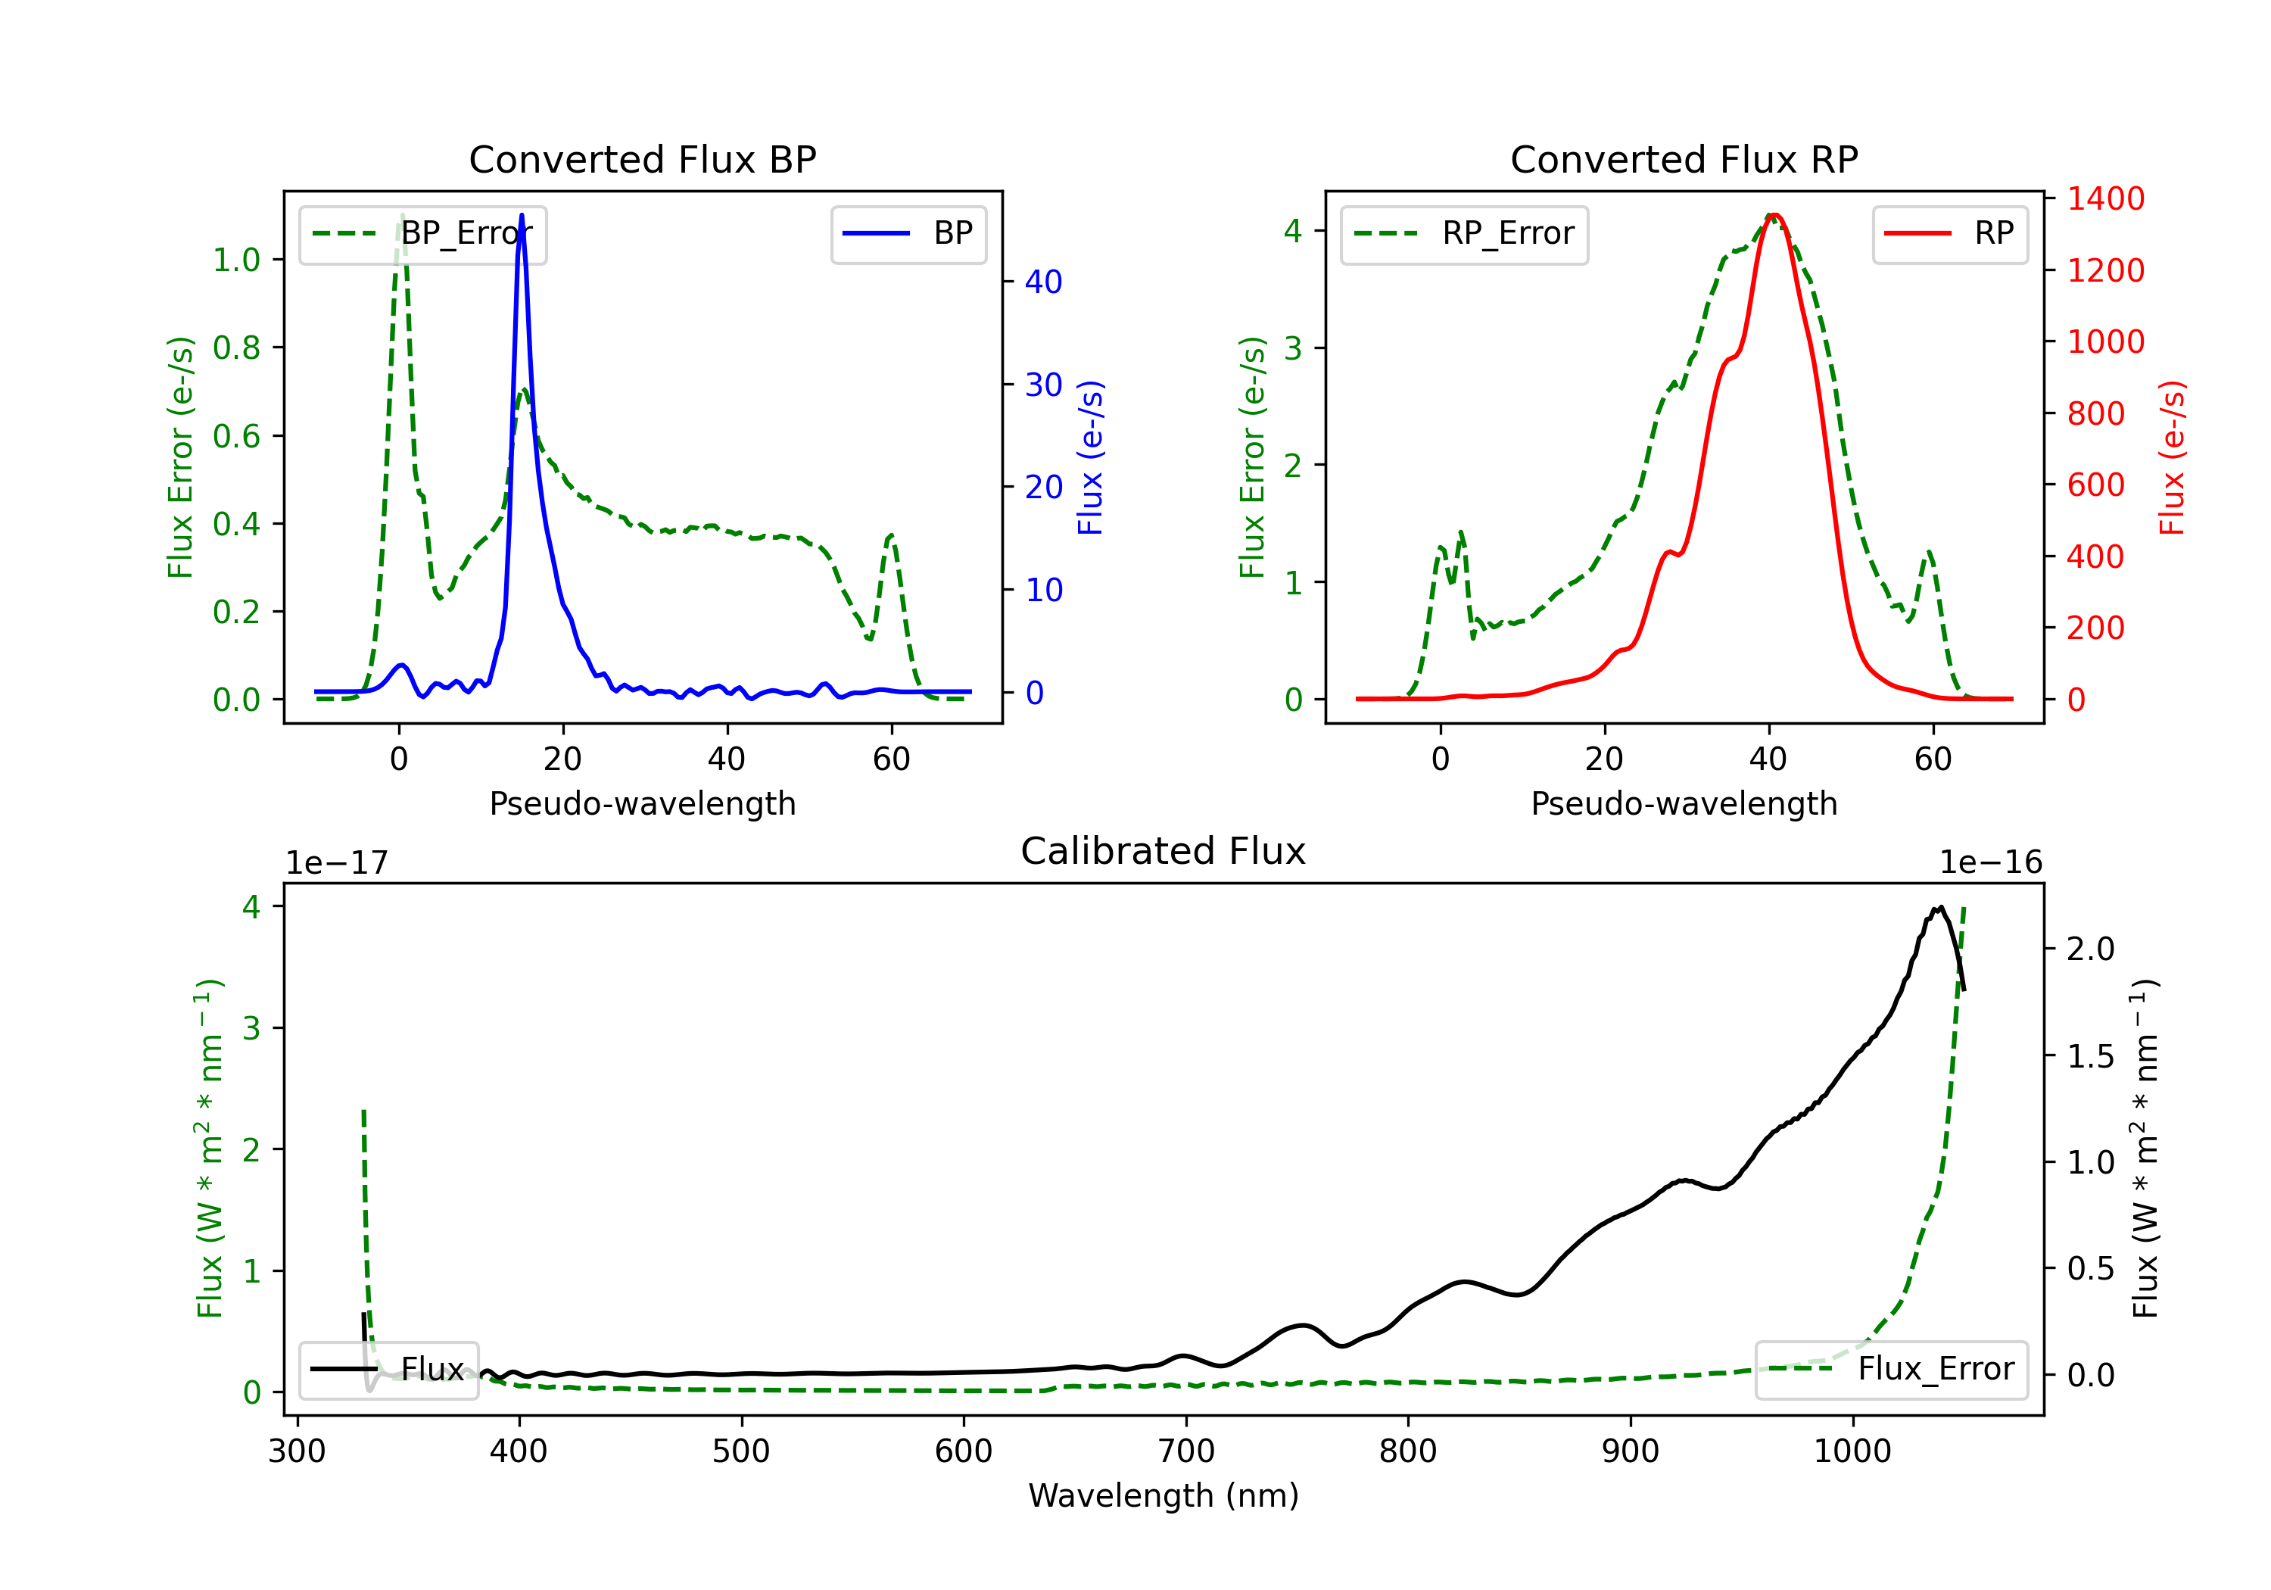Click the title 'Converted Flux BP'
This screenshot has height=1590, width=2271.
(x=643, y=159)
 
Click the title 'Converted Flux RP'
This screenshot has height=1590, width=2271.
(x=1684, y=159)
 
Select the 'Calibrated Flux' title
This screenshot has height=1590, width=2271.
(x=1164, y=851)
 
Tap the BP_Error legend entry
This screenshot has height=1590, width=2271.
(x=422, y=233)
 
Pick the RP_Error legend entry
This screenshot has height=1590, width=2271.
(x=1464, y=233)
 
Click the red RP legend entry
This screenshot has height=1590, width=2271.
(x=1949, y=233)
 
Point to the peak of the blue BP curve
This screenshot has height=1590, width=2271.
(x=522, y=215)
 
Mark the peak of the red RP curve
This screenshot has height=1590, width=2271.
(x=1775, y=215)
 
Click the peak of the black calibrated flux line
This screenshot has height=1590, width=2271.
(x=1941, y=906)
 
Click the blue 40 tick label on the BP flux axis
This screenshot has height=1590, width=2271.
(x=1043, y=282)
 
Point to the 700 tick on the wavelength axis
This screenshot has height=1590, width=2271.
(x=1186, y=1451)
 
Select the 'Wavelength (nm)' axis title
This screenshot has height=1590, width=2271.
(x=1164, y=1495)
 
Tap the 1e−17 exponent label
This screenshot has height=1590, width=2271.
(x=338, y=863)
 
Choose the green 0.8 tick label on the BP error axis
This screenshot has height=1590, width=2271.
(x=238, y=348)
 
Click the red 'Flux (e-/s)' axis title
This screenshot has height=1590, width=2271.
(x=2171, y=458)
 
